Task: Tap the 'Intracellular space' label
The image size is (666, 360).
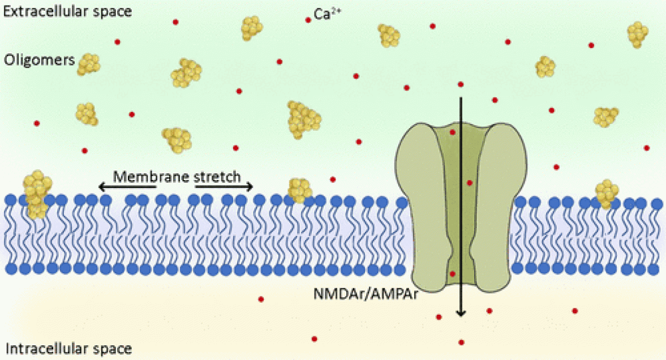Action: [x=68, y=348]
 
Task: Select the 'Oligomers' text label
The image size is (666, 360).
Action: [x=38, y=59]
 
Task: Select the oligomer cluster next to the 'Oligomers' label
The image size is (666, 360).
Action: [x=89, y=64]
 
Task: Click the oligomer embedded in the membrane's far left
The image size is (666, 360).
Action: [x=37, y=193]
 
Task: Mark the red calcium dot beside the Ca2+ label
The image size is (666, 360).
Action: [x=308, y=20]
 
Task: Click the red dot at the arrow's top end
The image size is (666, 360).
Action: [x=461, y=84]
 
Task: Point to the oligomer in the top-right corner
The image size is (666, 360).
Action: [x=638, y=34]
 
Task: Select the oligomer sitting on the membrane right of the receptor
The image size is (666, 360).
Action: [x=607, y=193]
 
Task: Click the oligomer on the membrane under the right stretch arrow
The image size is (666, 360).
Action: [x=300, y=190]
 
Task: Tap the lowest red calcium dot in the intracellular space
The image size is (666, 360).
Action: [x=462, y=342]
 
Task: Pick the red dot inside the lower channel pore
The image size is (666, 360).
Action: [x=453, y=274]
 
